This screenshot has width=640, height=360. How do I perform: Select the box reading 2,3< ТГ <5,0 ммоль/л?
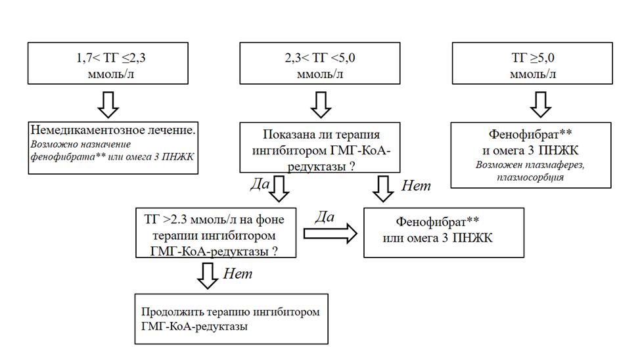[320, 64]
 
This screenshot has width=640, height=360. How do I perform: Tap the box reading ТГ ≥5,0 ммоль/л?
[532, 64]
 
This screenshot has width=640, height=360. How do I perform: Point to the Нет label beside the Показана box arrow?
[415, 186]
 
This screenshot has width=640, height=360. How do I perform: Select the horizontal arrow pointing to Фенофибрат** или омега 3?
[330, 232]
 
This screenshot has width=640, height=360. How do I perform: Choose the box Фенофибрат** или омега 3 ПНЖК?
[444, 232]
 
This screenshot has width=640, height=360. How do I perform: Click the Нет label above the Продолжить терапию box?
[238, 274]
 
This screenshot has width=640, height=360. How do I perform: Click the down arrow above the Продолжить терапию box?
[208, 276]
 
